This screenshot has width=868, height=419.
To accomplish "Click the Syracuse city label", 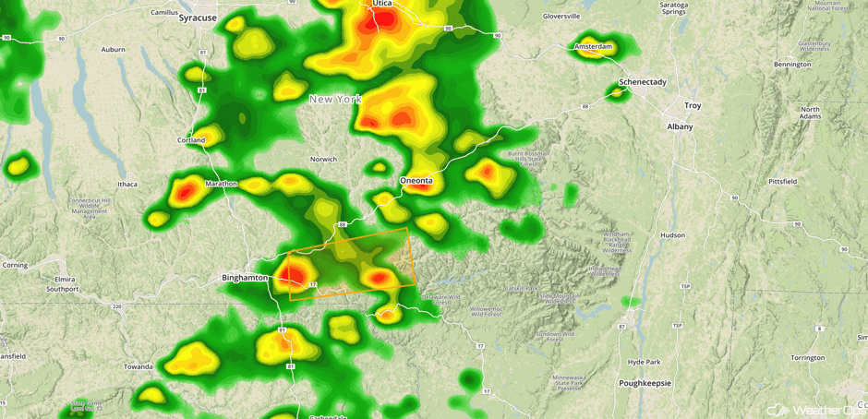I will [198, 18].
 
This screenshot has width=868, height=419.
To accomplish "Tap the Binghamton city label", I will [245, 277].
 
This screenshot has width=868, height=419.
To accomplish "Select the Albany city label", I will [680, 126].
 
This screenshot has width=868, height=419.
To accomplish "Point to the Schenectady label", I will [643, 82].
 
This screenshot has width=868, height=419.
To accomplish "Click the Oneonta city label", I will [416, 181].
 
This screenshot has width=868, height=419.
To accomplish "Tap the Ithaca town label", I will [127, 185].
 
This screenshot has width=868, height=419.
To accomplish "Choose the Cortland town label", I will [191, 140].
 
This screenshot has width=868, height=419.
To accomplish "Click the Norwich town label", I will [323, 159].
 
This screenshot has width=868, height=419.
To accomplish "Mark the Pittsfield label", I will [782, 182].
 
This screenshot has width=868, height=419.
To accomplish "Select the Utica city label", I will [382, 4].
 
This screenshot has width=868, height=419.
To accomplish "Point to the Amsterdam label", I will [593, 46].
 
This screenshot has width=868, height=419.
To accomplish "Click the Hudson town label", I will [673, 235].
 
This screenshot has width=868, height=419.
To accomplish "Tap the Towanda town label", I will [139, 366].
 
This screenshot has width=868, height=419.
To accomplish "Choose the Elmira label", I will [65, 278].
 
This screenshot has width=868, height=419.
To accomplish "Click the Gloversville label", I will [561, 16].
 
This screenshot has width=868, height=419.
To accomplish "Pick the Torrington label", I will [807, 357].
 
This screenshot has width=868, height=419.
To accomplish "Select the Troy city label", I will [693, 105].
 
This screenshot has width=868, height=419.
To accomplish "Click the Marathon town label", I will [221, 184].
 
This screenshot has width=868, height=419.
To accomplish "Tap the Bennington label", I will [793, 65].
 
